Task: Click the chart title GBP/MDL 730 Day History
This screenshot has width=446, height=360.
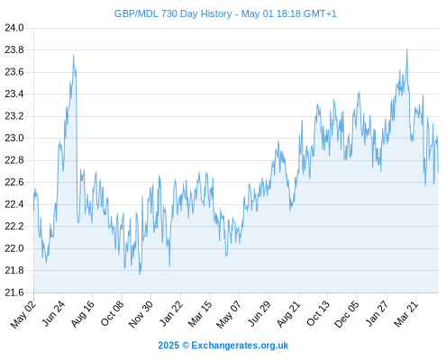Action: pos(173,14)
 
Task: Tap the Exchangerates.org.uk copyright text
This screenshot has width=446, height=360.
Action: pos(223,346)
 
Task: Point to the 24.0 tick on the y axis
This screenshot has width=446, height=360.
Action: pos(14,28)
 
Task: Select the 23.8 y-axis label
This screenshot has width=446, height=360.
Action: pos(14,49)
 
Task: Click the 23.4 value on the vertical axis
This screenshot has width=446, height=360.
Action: pos(14,94)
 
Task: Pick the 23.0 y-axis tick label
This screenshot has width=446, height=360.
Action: pos(14,138)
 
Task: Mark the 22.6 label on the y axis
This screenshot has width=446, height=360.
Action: pos(14,182)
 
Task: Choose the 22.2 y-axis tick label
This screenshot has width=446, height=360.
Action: pos(14,226)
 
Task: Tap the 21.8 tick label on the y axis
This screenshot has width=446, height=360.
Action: pos(14,270)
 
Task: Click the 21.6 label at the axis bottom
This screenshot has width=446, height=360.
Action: pos(14,292)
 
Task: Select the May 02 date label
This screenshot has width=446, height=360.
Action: pos(23,314)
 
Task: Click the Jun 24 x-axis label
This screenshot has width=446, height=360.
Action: pos(53,313)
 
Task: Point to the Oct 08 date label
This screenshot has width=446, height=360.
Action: pos(112,313)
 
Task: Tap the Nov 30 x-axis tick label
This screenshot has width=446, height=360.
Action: pos(141,314)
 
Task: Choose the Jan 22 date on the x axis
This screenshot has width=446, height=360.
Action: pos(171,313)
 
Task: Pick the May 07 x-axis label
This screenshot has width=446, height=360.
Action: pos(229,314)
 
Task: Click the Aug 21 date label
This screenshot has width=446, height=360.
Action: pos(288,313)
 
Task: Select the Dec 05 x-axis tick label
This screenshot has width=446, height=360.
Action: pos(347,314)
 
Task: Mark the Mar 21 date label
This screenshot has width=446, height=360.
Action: pos(406,313)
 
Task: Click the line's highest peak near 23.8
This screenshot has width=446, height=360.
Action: pos(407,49)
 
